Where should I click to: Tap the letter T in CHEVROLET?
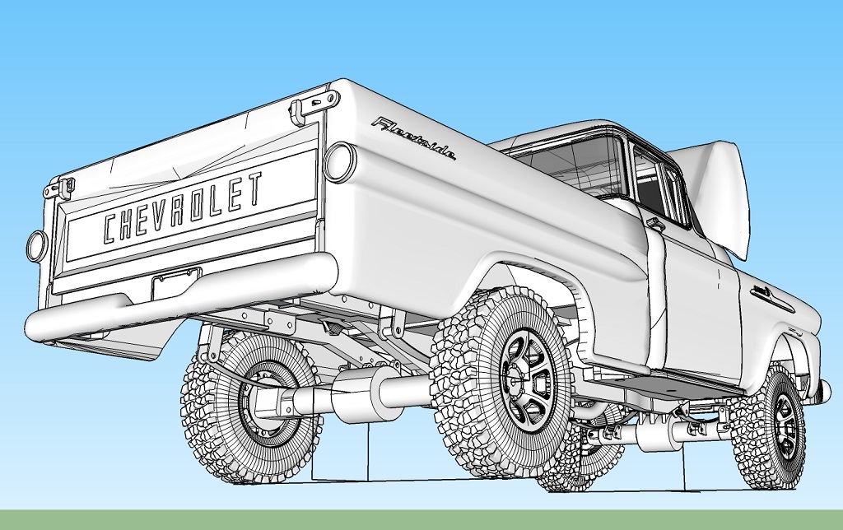pyautogui.click(x=254, y=188)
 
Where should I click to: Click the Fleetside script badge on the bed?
pyautogui.click(x=415, y=138)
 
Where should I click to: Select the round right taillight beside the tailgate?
pyautogui.click(x=340, y=160)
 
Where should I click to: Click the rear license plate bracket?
pyautogui.click(x=176, y=283)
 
